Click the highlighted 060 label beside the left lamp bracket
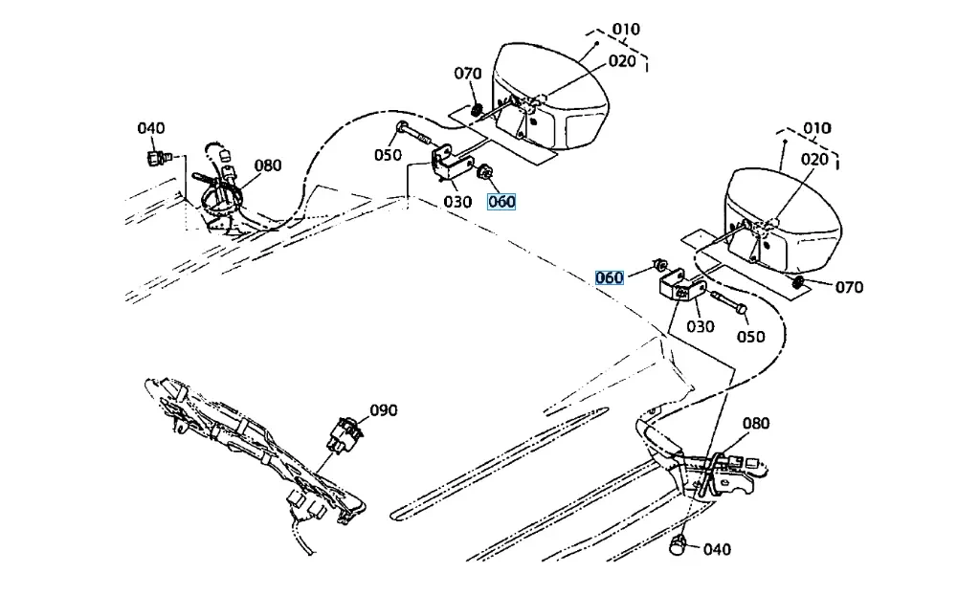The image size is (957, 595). [x=501, y=202]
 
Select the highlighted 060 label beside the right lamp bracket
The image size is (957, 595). [x=609, y=277]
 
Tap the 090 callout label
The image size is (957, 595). [x=384, y=410]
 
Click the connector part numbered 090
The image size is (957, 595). [x=346, y=434]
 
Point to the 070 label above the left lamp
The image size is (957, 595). [x=468, y=74]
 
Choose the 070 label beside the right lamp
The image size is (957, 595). [x=848, y=287]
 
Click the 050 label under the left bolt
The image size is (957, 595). [x=388, y=155]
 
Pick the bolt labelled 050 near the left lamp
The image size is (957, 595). [x=416, y=136]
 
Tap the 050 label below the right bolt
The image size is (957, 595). [x=750, y=337]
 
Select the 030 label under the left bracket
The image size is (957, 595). [x=457, y=202]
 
